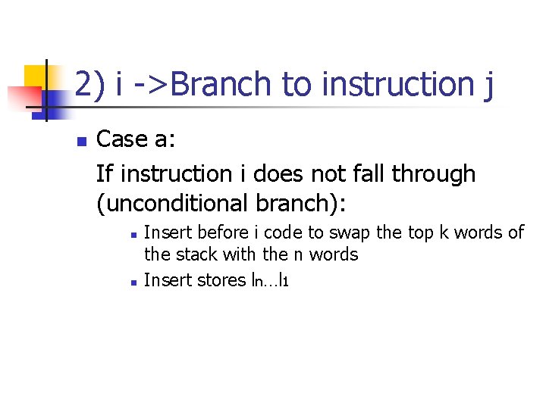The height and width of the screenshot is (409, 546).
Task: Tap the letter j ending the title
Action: point(487,86)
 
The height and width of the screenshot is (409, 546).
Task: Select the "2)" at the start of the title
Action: point(90,84)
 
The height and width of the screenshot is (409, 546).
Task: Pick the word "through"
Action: point(434,175)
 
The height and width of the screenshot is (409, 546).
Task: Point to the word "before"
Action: point(221,233)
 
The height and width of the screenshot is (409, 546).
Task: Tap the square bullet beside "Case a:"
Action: point(80,141)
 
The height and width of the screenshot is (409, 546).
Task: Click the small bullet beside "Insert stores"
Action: point(132,282)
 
